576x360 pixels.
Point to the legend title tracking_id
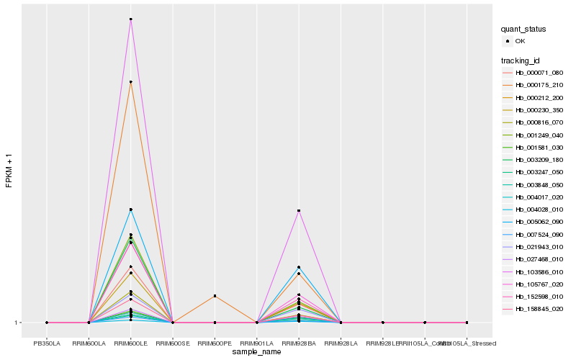[x=521, y=60]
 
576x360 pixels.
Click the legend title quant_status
[x=523, y=29]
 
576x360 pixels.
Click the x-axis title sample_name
[x=257, y=352]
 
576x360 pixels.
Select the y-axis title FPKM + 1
[x=9, y=171]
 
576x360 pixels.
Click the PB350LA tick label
[x=47, y=343]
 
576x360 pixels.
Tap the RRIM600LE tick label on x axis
[x=130, y=343]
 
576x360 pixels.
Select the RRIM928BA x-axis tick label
[x=298, y=343]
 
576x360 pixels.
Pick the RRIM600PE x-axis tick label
[x=215, y=343]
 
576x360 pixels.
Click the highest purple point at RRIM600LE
[x=130, y=19]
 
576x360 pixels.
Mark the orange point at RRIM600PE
[x=215, y=296]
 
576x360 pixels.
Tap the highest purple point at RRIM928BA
[x=298, y=210]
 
